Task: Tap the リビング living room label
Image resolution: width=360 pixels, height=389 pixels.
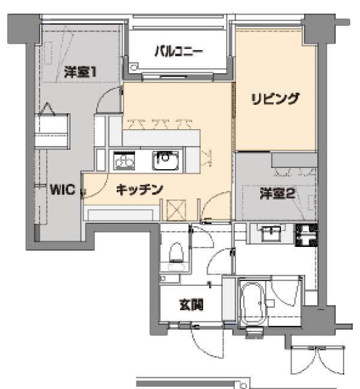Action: pos(274,98)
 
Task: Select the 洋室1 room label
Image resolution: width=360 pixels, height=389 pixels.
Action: pos(80,72)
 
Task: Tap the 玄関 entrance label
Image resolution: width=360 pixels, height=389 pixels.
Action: pos(191,306)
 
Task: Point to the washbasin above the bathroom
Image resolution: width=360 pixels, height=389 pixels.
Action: pos(272,231)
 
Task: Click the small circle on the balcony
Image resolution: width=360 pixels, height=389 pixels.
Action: pos(134,66)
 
